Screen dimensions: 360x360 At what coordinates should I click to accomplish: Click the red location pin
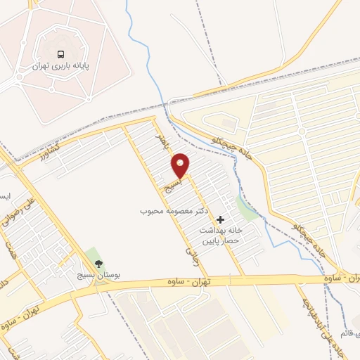181,166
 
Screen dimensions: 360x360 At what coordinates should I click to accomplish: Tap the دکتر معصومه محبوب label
170,210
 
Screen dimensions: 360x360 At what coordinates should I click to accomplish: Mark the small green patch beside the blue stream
246,208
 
